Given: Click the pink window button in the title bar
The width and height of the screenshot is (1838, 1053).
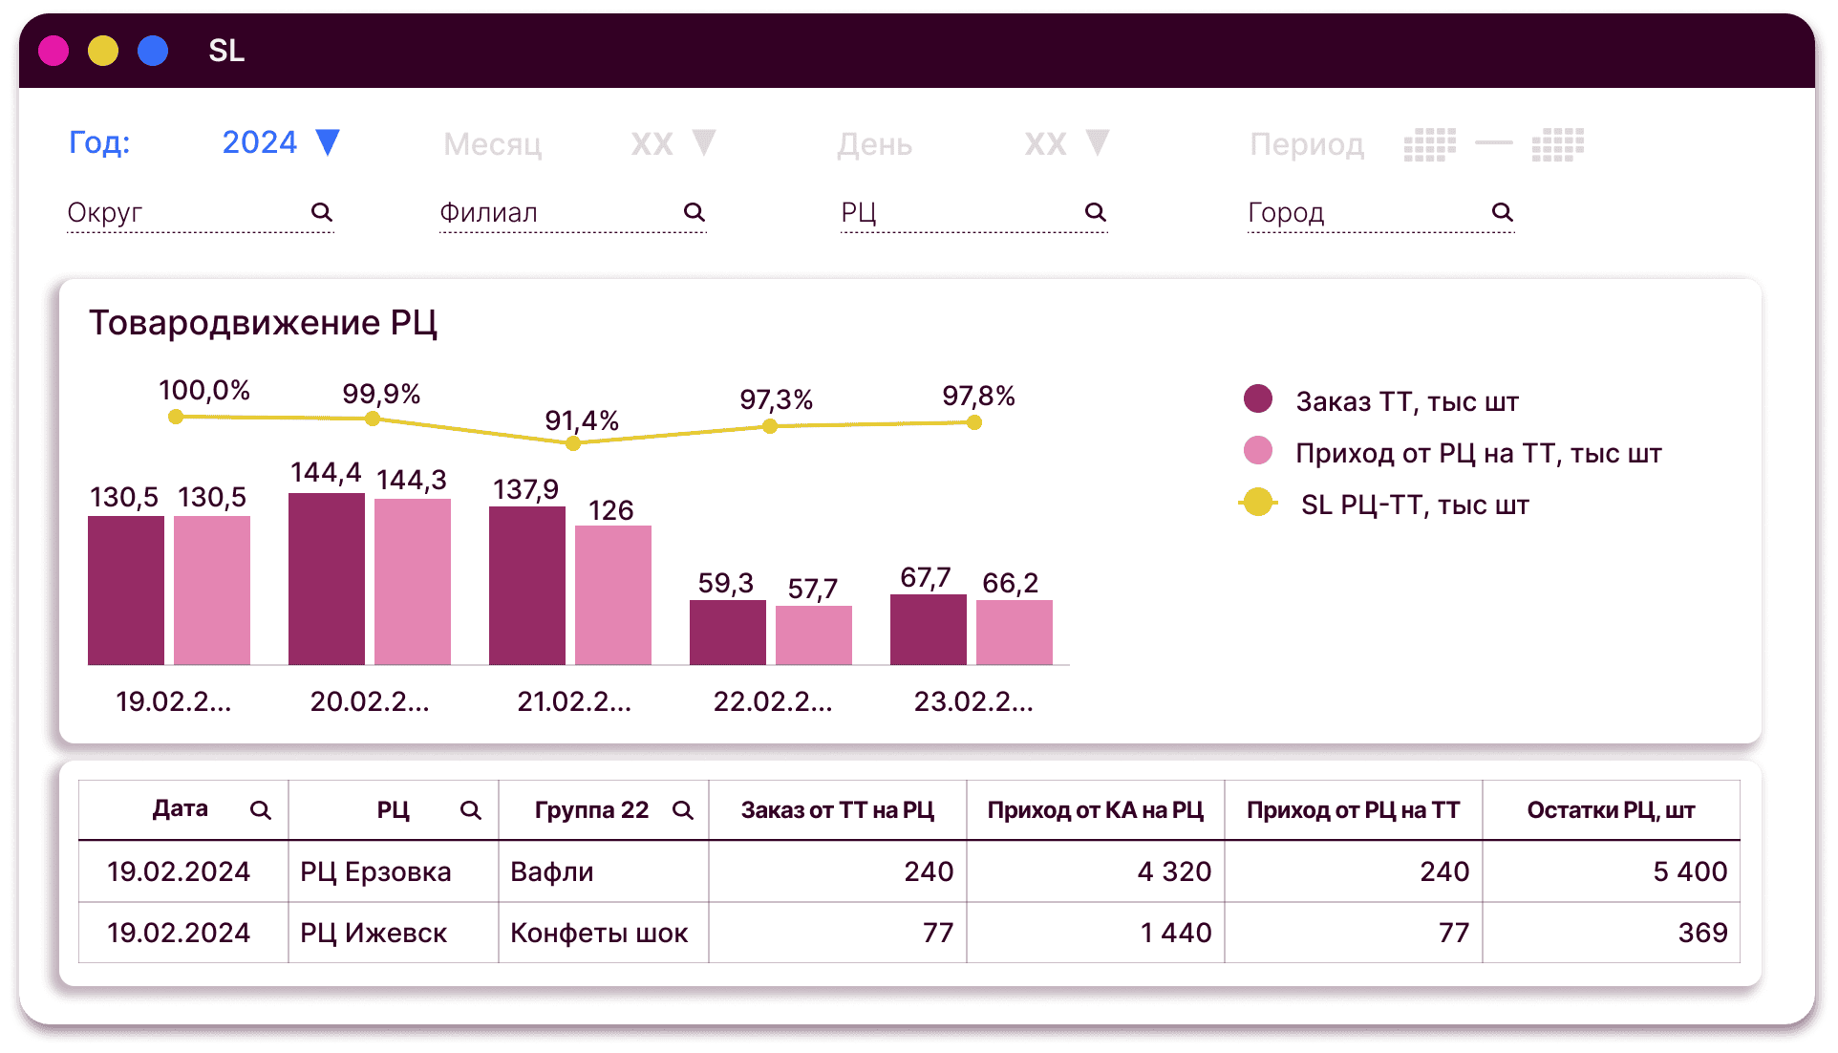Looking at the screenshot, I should tap(53, 51).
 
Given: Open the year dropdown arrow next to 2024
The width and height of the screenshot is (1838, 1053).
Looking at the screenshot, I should tap(328, 142).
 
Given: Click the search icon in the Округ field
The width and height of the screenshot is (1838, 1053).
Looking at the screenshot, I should tap(322, 212).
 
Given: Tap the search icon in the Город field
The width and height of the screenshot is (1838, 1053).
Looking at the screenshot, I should tap(1502, 212).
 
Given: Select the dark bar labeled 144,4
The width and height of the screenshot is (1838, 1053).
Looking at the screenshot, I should tap(326, 578).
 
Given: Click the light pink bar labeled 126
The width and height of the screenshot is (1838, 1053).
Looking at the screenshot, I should tap(612, 594).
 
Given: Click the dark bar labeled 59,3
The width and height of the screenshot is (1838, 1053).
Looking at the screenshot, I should tap(727, 632).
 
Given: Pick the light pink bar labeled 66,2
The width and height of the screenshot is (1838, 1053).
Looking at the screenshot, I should tap(1014, 632).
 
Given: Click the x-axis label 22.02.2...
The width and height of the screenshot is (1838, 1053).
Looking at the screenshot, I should tap(773, 701).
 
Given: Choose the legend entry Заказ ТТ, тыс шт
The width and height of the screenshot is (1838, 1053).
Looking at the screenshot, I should tap(1406, 401).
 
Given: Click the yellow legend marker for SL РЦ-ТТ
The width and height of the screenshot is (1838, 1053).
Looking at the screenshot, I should tap(1258, 503).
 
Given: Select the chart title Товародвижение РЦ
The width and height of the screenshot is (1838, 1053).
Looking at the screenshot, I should tap(263, 323).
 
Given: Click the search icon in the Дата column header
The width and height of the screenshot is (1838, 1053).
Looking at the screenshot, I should tap(260, 810).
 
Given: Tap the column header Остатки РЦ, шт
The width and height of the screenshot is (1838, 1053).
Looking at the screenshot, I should tap(1611, 810).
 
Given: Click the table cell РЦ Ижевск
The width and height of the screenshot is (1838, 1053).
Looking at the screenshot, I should tap(374, 933).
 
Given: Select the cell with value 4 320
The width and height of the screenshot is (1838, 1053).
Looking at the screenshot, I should tap(1173, 871).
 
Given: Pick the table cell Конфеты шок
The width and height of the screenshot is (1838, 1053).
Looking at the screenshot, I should tap(599, 933).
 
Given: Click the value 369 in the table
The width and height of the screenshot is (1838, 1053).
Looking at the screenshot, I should tap(1702, 933).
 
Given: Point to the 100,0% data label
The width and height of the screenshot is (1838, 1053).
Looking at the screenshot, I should tap(204, 390).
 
